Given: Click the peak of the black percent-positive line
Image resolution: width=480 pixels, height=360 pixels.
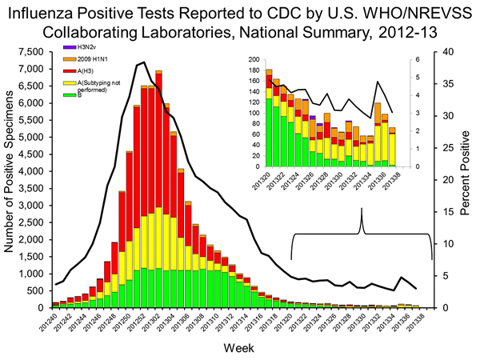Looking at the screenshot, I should point(142,62).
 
